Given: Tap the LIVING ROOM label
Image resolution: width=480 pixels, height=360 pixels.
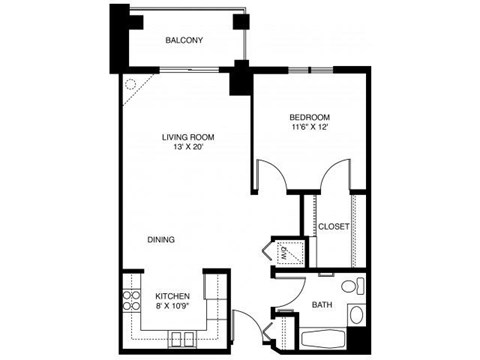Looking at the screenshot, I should [x=189, y=137].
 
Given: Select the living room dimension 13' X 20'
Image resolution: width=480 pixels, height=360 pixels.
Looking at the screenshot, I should [x=189, y=148].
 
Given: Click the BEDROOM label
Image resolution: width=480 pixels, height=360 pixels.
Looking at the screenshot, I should [x=310, y=117].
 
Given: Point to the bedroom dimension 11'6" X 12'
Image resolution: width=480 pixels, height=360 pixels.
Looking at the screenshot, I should [x=310, y=128].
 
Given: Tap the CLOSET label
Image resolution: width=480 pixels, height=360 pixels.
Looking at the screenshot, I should [x=333, y=227].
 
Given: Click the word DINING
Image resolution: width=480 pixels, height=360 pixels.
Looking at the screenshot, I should [x=163, y=240].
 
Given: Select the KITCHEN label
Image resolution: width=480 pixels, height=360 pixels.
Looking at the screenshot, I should [x=172, y=298].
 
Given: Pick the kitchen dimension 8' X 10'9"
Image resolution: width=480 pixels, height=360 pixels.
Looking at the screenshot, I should [x=172, y=309].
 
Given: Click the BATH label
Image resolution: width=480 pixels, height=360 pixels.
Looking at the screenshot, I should [x=322, y=303].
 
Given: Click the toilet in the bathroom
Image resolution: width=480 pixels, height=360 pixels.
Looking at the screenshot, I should [x=349, y=286].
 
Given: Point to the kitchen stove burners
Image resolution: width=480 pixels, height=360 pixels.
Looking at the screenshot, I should [x=130, y=299].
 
